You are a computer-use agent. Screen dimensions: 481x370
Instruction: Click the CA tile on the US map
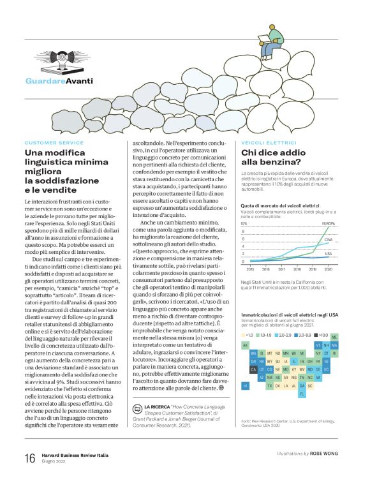point(254,369)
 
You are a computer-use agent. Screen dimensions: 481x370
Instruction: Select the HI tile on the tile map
point(245,385)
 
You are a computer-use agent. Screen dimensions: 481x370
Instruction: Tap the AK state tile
point(245,344)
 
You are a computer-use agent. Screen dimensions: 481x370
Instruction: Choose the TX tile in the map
point(270,385)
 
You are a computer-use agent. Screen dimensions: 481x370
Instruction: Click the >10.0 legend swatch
point(314,334)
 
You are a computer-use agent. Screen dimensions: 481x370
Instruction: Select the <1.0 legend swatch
point(244,334)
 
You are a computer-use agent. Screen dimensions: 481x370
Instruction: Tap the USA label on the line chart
point(329,253)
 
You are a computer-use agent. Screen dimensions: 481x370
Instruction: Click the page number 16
point(29,458)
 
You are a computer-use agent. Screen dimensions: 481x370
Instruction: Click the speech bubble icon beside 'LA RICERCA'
point(136,407)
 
